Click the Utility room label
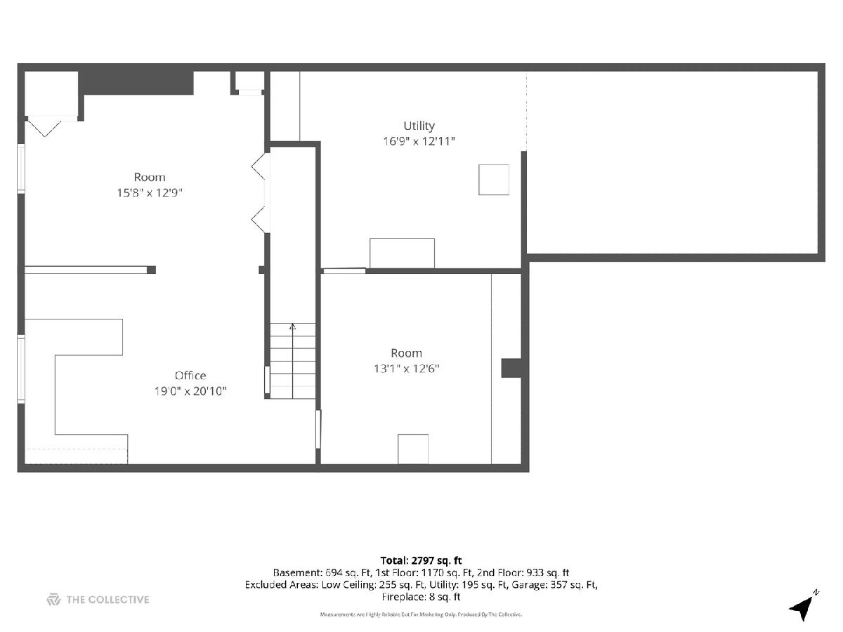point(419,126)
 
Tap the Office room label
point(190,375)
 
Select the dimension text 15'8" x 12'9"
point(150,192)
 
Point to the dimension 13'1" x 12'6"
point(406,369)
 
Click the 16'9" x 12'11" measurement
point(419,141)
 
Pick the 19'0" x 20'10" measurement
point(190,391)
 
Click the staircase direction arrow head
point(293,327)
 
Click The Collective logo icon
point(53,600)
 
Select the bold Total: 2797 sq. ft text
point(421,560)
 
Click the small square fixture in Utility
point(494,180)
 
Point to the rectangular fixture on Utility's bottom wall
point(402,254)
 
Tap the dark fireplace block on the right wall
point(511,368)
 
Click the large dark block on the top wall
point(136,83)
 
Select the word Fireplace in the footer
point(401,597)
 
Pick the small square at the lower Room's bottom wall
point(413,449)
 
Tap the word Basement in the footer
point(297,573)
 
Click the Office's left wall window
point(21,369)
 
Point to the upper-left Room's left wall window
point(21,169)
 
